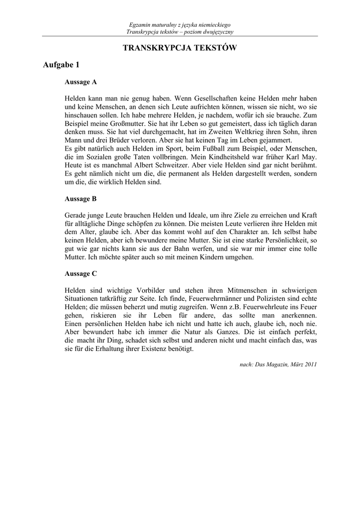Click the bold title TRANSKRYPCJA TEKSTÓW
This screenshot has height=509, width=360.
click(x=180, y=48)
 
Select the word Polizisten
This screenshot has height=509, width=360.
click(x=269, y=298)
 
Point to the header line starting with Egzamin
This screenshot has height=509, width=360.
click(x=180, y=25)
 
